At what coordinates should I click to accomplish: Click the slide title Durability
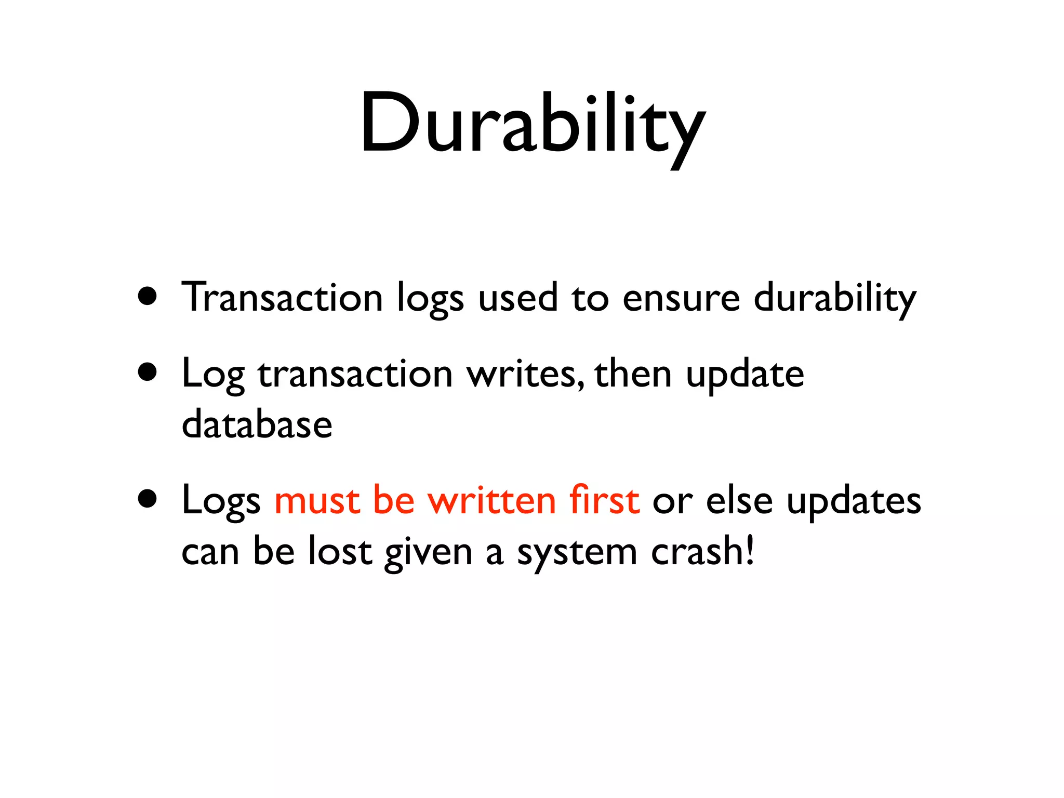click(533, 125)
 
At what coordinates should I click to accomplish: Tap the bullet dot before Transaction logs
click(148, 297)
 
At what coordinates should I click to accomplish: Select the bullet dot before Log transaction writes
click(148, 373)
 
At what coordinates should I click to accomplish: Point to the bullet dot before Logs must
click(148, 499)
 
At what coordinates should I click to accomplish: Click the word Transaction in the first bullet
click(282, 297)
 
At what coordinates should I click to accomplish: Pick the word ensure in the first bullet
click(681, 298)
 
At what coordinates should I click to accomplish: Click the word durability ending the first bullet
click(834, 298)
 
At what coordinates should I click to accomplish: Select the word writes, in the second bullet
click(525, 374)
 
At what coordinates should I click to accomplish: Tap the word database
click(257, 424)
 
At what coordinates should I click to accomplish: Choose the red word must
click(317, 501)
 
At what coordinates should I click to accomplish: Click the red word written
click(491, 501)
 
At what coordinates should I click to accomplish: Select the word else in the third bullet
click(739, 501)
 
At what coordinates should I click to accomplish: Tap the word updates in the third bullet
click(854, 502)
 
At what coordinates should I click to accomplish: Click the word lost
click(340, 551)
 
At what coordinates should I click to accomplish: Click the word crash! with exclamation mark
click(702, 551)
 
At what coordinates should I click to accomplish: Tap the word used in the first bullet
click(517, 298)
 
